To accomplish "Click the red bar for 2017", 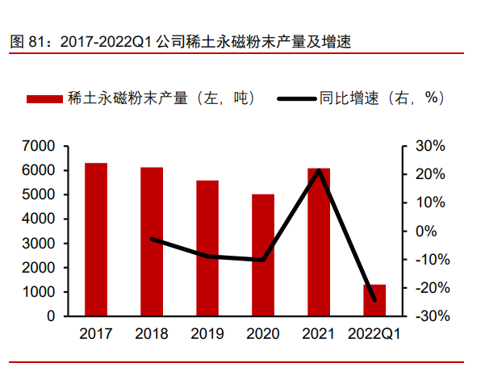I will (96, 240).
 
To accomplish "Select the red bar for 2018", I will (152, 242).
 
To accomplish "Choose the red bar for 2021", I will (319, 242).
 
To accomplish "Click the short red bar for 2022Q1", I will (374, 300).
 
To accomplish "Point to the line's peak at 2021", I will (320, 170).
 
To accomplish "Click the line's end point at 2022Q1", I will (374, 300).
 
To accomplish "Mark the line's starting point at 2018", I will (152, 239).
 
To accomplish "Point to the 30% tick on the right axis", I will (427, 146).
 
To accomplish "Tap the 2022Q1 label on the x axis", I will (374, 333).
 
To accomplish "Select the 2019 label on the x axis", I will (207, 333).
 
